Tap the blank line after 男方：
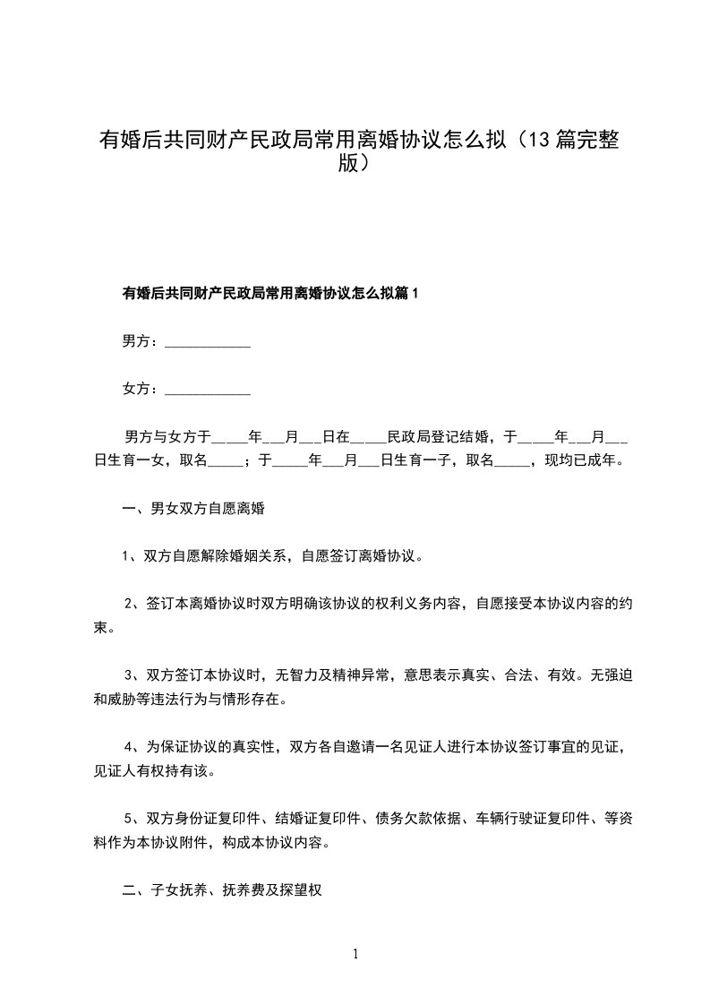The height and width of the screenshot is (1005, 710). pos(209,342)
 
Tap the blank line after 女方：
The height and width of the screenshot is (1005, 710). pos(209,390)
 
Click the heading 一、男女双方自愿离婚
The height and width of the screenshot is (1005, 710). pos(194,509)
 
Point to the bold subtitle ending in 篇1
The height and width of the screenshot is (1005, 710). pos(270,293)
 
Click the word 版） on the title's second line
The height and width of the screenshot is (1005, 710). pos(355,164)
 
